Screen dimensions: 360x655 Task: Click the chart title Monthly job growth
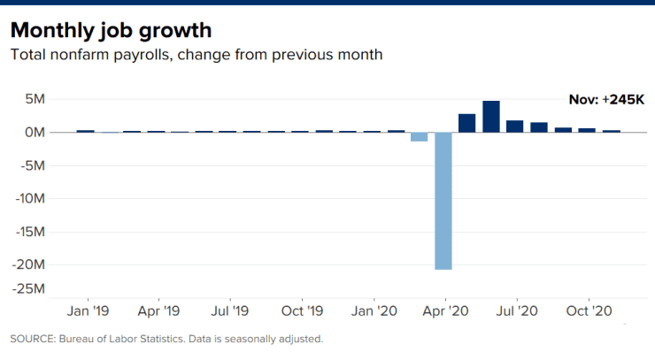[111, 30]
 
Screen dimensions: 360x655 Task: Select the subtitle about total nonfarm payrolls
[196, 55]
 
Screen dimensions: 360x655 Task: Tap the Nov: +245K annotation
[605, 100]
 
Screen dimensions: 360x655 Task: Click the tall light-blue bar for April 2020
[443, 201]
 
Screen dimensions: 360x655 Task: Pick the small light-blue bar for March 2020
[419, 137]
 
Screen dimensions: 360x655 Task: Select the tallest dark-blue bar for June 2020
[491, 117]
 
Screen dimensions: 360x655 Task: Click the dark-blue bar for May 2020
[466, 123]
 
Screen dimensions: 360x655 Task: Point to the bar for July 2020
[515, 126]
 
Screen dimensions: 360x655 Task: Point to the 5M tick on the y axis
[35, 99]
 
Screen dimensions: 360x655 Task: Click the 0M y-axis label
[35, 133]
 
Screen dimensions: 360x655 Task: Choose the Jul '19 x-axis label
[229, 311]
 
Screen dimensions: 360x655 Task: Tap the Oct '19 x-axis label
[302, 311]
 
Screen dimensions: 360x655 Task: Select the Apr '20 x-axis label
[445, 311]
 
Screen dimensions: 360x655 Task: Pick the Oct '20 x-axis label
[589, 311]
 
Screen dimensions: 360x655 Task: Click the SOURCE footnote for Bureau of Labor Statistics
[166, 339]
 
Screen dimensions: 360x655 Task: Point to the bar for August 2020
[539, 127]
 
